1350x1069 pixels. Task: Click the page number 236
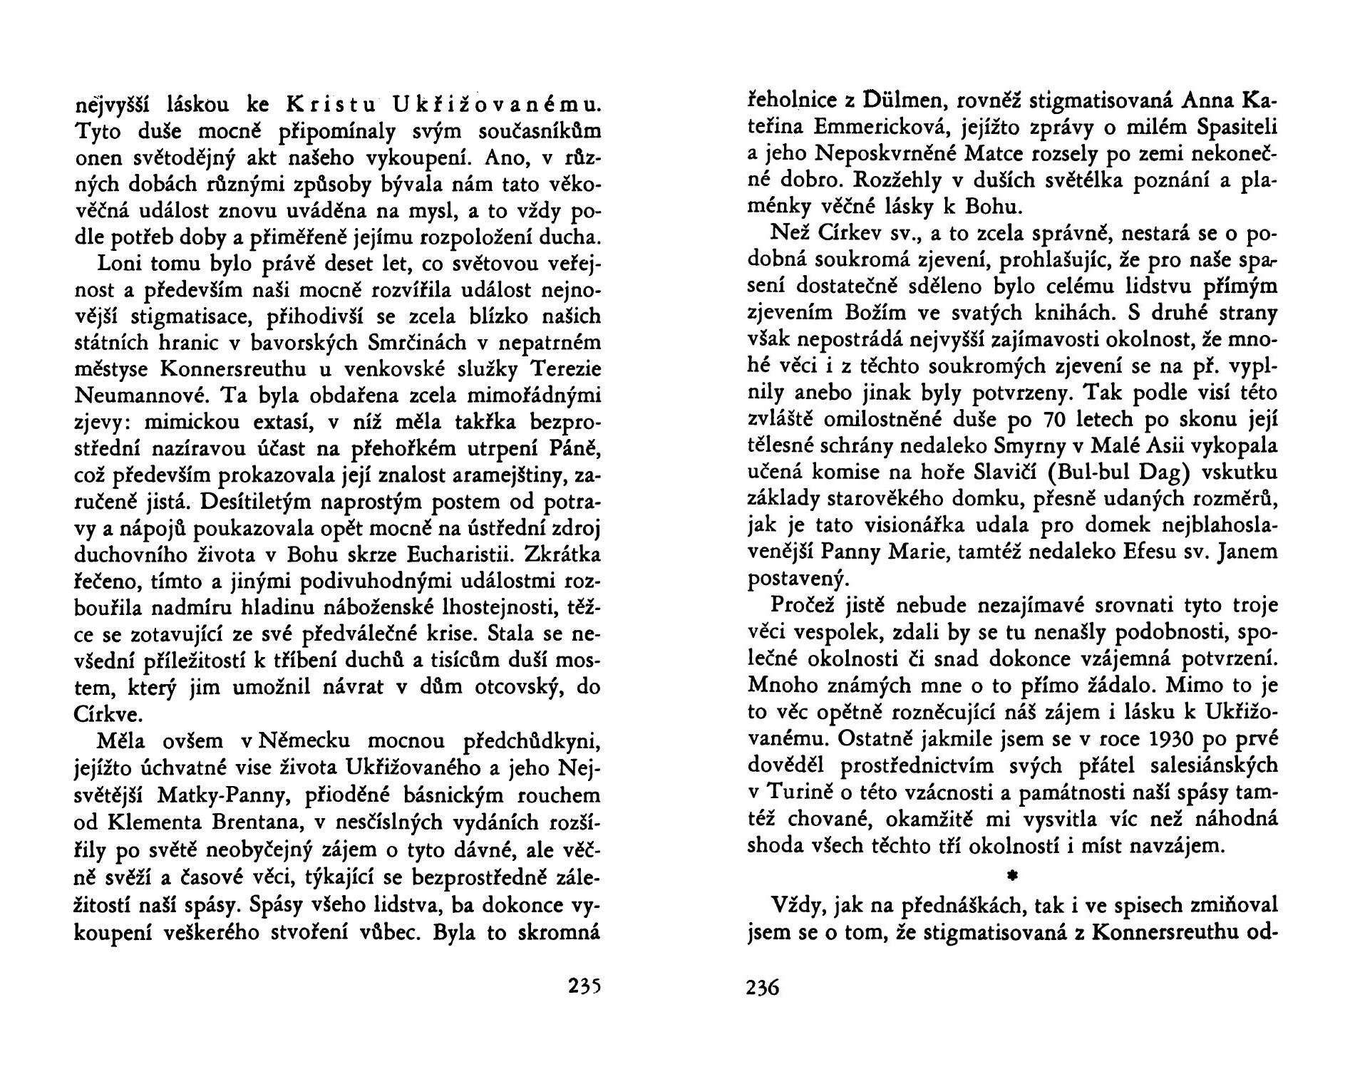(763, 988)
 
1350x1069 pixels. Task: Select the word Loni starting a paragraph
(122, 263)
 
